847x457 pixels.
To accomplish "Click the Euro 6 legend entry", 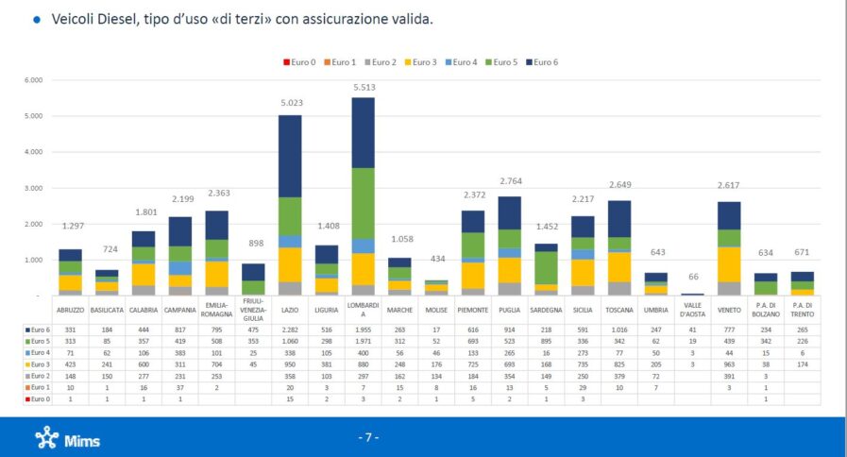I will click(543, 62).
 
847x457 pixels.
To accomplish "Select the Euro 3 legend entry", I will click(421, 62).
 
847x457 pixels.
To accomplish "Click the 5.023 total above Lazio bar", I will click(291, 104).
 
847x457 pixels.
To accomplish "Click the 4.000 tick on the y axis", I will click(33, 152).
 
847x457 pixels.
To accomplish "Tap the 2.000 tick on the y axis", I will click(33, 224).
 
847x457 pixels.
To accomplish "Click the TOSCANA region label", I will click(620, 309).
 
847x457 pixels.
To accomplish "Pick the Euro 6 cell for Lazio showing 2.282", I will click(291, 329).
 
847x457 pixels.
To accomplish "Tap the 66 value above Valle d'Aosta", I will click(693, 277).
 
